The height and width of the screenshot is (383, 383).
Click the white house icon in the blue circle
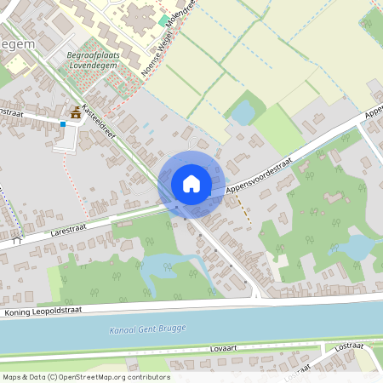coord(191,183)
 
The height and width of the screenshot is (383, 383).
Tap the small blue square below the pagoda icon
coord(62,124)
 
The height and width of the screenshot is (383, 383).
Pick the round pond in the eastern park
coord(357,246)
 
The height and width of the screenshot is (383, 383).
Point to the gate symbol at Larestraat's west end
coord(16,240)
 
